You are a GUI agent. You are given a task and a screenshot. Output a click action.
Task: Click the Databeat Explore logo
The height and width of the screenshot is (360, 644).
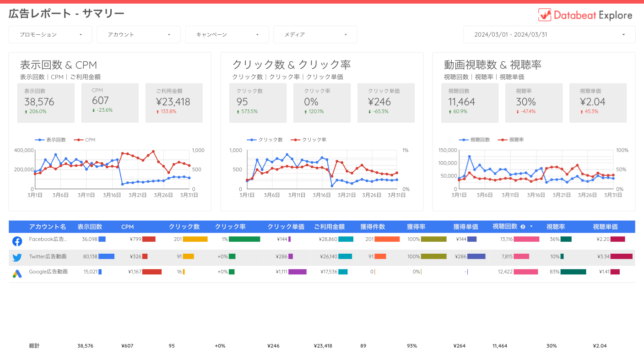point(585,15)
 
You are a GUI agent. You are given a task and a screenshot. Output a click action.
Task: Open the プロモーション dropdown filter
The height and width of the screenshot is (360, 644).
point(50,34)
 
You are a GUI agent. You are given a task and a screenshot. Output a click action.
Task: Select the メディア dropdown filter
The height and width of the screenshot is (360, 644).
point(315,34)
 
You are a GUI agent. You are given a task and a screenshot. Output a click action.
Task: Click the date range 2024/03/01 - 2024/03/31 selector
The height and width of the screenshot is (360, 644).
point(549,34)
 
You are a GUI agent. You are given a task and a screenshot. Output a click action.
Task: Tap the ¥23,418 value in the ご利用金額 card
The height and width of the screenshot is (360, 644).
point(173,102)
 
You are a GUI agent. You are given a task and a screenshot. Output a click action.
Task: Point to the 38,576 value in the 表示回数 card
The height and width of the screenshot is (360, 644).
point(39,102)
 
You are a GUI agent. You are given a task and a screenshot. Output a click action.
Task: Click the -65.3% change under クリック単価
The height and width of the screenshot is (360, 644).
point(380,111)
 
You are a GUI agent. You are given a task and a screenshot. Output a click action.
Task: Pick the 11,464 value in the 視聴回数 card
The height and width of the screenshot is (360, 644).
point(462,102)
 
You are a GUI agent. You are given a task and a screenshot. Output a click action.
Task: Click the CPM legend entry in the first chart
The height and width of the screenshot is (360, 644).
point(90,140)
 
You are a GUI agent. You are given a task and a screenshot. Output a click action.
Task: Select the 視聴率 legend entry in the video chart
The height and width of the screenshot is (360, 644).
point(516,140)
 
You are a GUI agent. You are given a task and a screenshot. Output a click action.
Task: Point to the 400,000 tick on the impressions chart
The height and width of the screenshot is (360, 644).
point(24,150)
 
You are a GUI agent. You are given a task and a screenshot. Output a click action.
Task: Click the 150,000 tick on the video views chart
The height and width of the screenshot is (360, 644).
point(448,150)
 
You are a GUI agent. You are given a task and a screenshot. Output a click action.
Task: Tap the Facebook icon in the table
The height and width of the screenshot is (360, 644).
point(17,241)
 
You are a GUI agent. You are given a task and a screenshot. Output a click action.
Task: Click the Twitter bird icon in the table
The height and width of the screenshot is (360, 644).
point(17,257)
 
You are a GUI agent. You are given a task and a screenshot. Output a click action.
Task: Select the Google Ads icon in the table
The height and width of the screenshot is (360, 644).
point(17,274)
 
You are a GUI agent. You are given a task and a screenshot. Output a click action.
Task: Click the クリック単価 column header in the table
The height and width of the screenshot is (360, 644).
point(286,227)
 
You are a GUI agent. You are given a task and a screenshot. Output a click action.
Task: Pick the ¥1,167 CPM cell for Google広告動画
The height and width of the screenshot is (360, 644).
point(135,272)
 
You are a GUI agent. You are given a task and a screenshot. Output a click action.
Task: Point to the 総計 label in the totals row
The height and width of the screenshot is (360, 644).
point(34,346)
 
